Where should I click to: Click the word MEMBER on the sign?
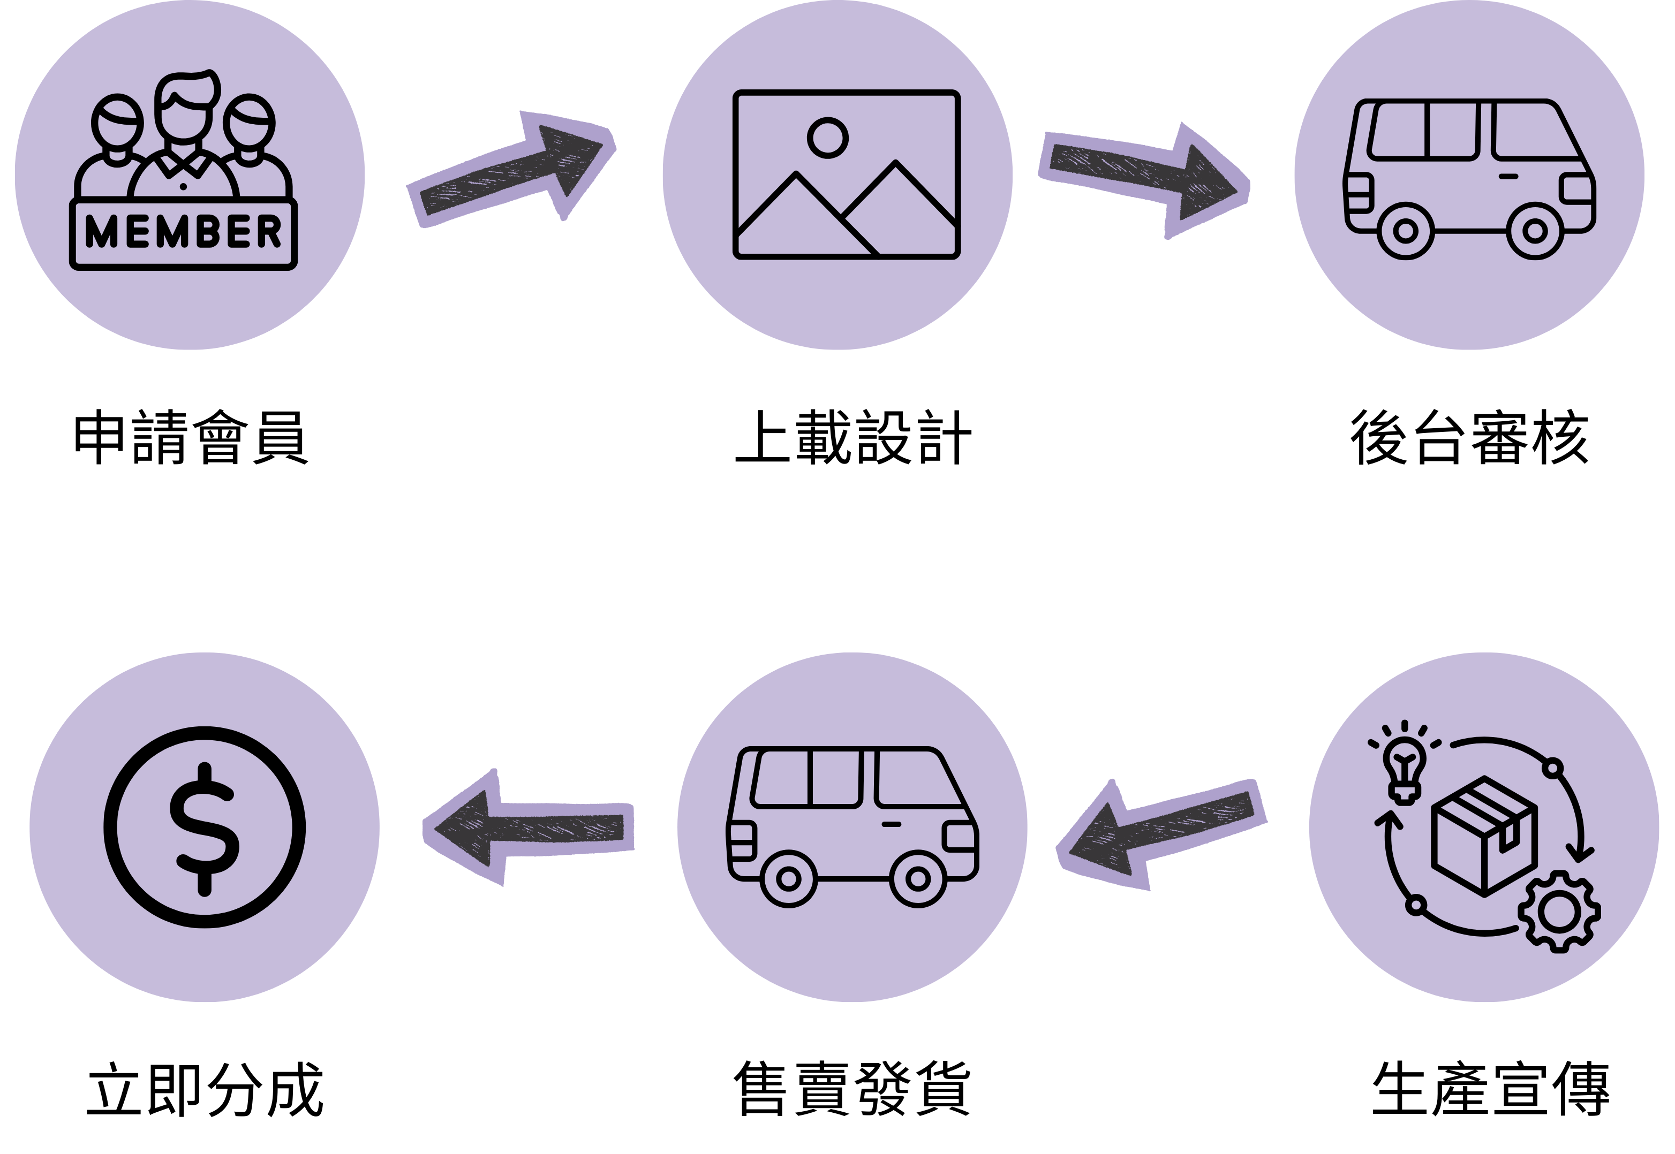click(183, 232)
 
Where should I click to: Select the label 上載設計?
click(854, 437)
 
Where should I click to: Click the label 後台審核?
click(1469, 437)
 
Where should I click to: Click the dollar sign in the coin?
click(205, 829)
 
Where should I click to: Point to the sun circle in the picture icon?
click(827, 138)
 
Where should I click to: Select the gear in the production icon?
click(1559, 913)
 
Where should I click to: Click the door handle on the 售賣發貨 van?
click(891, 824)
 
